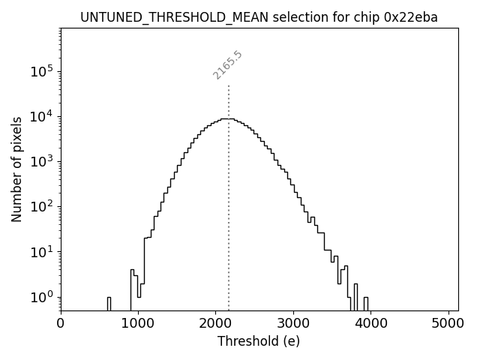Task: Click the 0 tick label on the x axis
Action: pos(61,324)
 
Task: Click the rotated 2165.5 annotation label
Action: pos(227,65)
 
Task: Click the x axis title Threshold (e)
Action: pos(259,341)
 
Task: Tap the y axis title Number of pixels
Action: pos(16,168)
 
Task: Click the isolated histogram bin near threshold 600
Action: pos(109,304)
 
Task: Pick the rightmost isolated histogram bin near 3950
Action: pos(366,304)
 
